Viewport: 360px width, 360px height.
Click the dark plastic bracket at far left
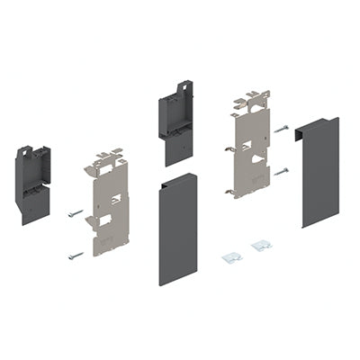(x=32, y=184)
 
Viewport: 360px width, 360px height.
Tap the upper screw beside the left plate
(x=75, y=213)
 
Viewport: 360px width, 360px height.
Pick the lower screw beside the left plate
(x=75, y=255)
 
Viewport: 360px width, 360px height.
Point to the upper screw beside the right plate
(x=281, y=130)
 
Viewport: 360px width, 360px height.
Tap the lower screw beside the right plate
(x=281, y=170)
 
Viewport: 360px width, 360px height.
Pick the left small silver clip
(x=232, y=257)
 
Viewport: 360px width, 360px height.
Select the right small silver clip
(x=261, y=245)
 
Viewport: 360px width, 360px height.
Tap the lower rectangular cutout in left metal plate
(x=102, y=219)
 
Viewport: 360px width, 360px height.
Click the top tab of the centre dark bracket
(x=183, y=88)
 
